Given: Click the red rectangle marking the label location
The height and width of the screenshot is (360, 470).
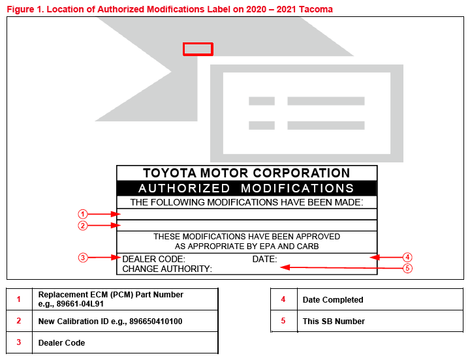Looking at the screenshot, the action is click(x=198, y=44).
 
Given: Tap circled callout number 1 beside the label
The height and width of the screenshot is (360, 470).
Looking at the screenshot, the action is click(x=83, y=214).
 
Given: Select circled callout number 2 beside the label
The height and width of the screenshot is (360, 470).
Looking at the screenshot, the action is click(x=83, y=226).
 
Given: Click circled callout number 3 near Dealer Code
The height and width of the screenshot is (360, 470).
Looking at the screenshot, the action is click(x=83, y=258).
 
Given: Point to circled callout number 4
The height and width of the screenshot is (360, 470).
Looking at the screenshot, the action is click(x=407, y=257).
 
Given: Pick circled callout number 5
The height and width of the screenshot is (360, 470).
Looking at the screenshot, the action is click(x=407, y=268).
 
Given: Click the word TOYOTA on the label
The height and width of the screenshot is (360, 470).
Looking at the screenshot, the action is click(x=170, y=173).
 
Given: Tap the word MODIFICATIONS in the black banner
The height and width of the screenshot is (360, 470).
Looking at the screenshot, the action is click(x=298, y=188).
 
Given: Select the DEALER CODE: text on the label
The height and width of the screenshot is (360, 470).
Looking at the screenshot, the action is click(x=154, y=259).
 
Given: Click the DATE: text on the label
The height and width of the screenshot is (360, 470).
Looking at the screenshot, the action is click(x=264, y=259).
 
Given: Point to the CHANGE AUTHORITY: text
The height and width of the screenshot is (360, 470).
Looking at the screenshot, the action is click(x=167, y=269).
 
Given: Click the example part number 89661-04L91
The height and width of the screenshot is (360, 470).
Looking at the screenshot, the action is click(x=80, y=304).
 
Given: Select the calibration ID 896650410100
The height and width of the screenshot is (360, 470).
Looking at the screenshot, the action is click(x=156, y=322).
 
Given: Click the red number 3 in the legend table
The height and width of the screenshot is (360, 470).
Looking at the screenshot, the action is click(x=19, y=342).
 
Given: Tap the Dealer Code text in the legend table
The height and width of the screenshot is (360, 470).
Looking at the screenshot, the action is click(x=61, y=343).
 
